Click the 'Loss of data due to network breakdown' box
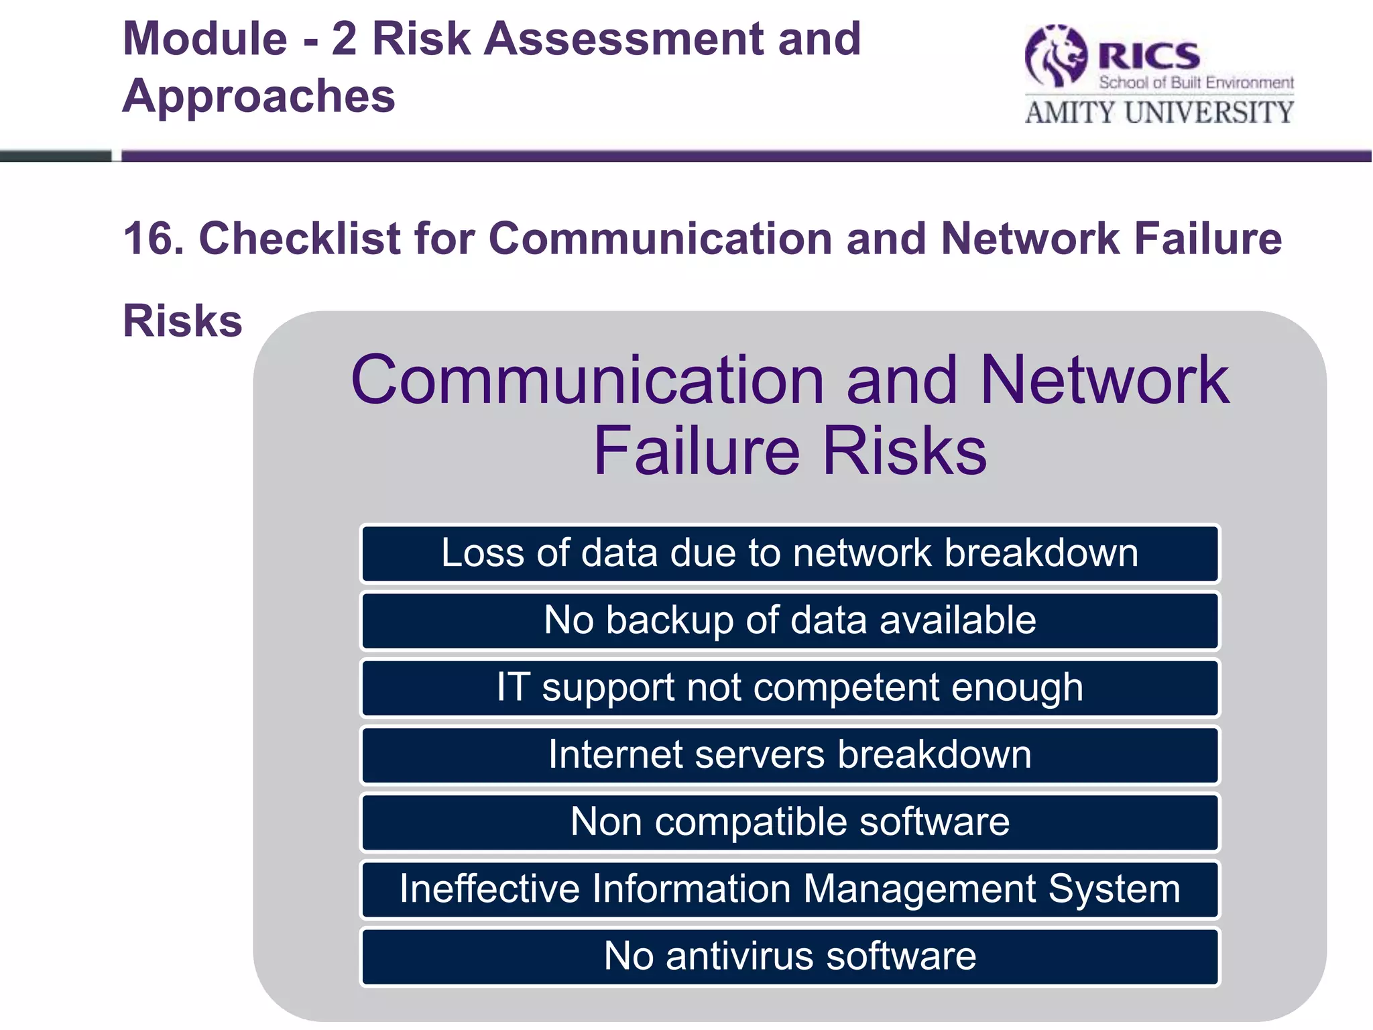790,554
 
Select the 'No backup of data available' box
790,621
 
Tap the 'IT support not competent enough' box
790,688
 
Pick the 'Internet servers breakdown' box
790,755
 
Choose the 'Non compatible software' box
790,822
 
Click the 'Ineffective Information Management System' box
790,889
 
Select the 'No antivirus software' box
790,956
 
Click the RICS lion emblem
1056,56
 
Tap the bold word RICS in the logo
1148,56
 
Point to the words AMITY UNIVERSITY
1159,112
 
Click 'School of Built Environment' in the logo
1196,82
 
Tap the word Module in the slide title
205,39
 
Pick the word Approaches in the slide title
259,96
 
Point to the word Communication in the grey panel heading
587,380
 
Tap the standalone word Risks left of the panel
182,321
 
